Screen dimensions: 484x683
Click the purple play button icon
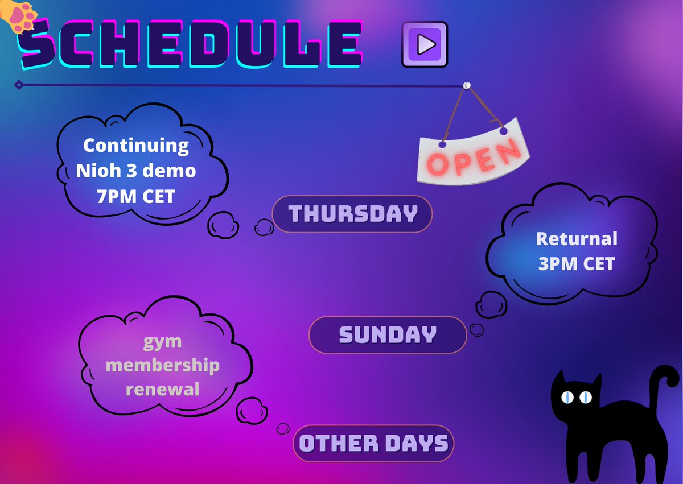[x=425, y=44]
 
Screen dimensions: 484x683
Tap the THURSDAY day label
[x=352, y=214]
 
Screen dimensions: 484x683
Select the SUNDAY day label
[x=388, y=335]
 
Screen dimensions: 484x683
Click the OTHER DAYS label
[x=373, y=443]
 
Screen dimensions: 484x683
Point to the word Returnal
[x=577, y=239]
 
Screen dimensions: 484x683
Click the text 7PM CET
[x=136, y=196]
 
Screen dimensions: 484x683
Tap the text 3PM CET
[x=577, y=264]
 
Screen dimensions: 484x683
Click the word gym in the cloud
[x=162, y=341]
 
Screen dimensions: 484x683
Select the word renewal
[x=162, y=390]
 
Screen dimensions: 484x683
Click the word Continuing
[x=136, y=145]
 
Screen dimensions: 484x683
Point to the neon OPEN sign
[x=474, y=154]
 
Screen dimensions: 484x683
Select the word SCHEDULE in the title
[x=191, y=44]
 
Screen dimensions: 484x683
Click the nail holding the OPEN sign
[x=467, y=85]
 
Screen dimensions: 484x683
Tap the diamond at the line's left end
[x=19, y=85]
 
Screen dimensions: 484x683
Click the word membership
[x=162, y=365]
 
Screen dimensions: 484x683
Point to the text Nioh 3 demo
[x=136, y=171]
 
